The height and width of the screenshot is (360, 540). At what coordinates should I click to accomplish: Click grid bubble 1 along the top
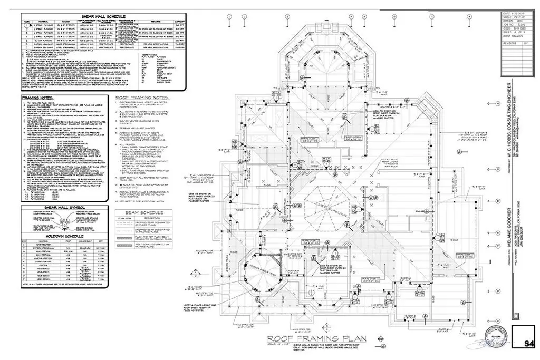click(x=229, y=17)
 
